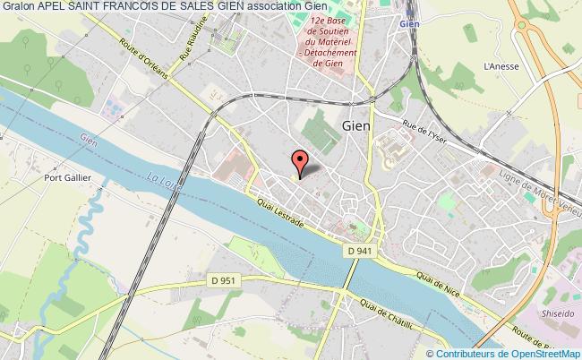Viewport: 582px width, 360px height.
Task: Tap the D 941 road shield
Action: click(358, 253)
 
